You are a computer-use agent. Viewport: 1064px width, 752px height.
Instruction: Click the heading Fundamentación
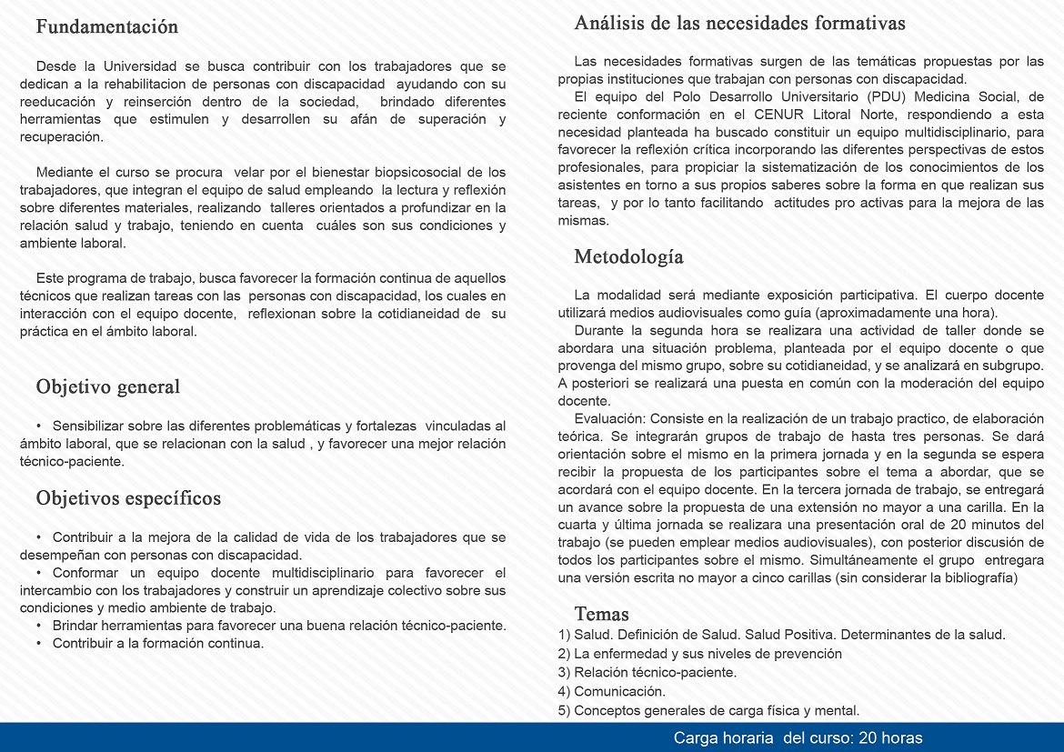tap(106, 27)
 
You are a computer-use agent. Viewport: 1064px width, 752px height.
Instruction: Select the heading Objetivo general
tap(107, 386)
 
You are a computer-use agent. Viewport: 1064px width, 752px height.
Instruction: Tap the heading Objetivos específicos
tap(128, 498)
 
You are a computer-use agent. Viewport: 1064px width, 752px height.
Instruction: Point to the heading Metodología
tap(628, 257)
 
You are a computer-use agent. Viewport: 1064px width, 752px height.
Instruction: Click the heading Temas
tap(601, 614)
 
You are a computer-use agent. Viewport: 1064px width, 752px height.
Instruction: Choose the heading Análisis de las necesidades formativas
tap(739, 24)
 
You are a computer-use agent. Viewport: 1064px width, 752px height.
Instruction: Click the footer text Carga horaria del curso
tap(798, 737)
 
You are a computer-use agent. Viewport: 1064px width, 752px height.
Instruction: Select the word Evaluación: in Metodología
tap(609, 417)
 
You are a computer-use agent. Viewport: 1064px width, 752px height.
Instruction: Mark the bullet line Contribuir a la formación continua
tap(157, 643)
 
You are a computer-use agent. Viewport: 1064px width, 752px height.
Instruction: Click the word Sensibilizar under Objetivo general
tap(89, 426)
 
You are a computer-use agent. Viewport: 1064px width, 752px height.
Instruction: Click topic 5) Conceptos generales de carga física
tap(708, 710)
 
